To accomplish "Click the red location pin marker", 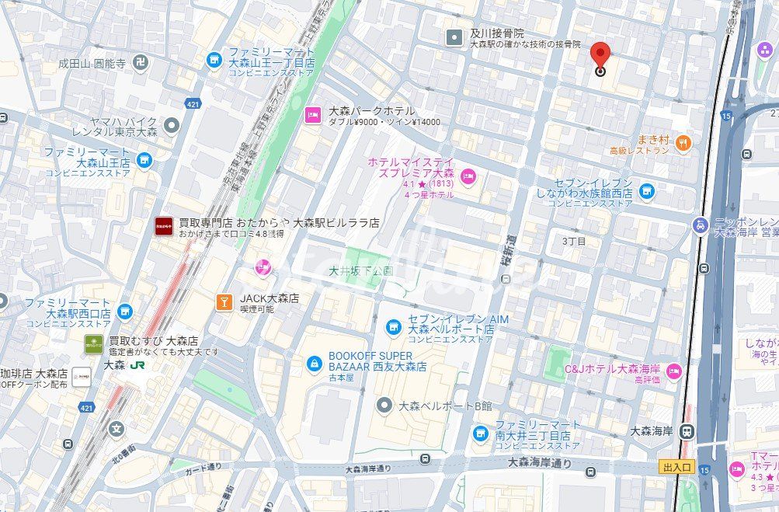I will click(x=600, y=57).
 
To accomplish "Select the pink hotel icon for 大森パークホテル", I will click(x=312, y=115).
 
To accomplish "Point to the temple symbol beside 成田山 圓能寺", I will click(x=141, y=62).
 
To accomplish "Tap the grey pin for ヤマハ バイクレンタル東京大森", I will click(x=171, y=124).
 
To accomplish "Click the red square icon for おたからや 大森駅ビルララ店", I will click(x=164, y=226).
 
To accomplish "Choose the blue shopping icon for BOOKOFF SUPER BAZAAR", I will click(x=314, y=363).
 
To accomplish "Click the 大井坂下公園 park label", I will click(x=360, y=271).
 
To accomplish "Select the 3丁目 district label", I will click(x=574, y=242).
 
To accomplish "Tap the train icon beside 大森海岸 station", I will click(x=685, y=431).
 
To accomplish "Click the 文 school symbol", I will click(x=117, y=428).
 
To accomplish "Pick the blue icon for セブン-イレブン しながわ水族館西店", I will click(x=646, y=191).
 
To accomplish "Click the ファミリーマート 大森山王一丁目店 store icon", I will click(x=214, y=59).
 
